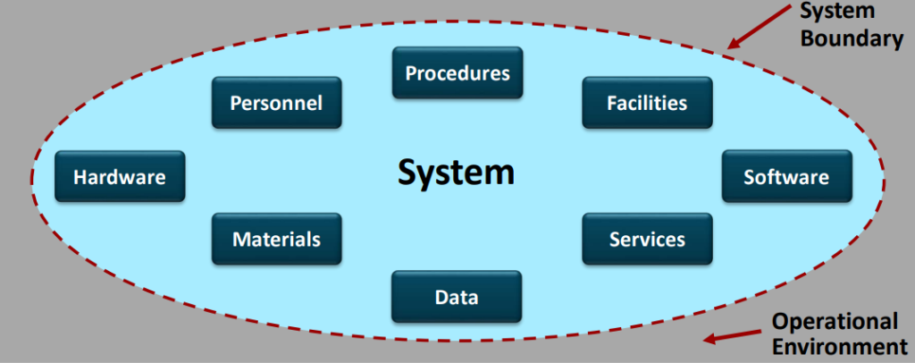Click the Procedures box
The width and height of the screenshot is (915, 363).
(457, 72)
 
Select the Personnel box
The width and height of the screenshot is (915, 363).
(276, 103)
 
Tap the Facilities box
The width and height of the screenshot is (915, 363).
(648, 103)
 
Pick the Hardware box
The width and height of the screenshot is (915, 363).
(120, 177)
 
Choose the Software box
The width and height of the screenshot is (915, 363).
(786, 177)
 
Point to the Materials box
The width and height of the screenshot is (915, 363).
(276, 240)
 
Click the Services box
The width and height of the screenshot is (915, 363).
(648, 240)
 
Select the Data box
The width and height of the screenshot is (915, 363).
(457, 298)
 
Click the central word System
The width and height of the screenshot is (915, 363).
(456, 172)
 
